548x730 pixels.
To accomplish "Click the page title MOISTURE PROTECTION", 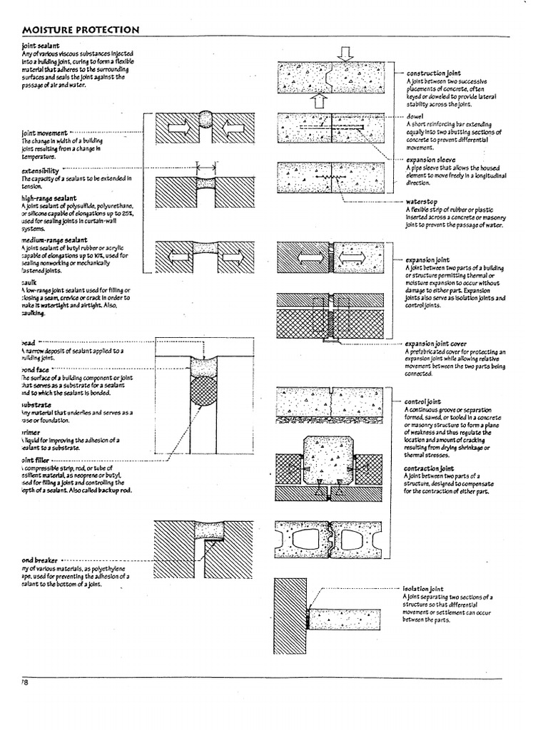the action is [x=80, y=29].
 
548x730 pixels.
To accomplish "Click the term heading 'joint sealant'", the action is [x=41, y=46].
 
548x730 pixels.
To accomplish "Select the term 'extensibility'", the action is [x=41, y=171].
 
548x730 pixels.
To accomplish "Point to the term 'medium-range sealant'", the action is [x=56, y=241].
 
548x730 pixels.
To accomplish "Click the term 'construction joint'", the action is [x=434, y=73].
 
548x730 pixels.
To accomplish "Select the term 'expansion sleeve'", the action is [x=432, y=160].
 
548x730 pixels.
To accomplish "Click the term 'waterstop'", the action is [x=420, y=202].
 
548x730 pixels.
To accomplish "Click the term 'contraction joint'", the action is [x=430, y=468].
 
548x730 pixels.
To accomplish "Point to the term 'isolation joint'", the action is [x=423, y=590].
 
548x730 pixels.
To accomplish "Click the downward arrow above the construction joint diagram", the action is [x=346, y=53].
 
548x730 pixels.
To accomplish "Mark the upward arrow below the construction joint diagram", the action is [x=320, y=101].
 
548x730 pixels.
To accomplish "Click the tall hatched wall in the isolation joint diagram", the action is [x=290, y=616].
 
